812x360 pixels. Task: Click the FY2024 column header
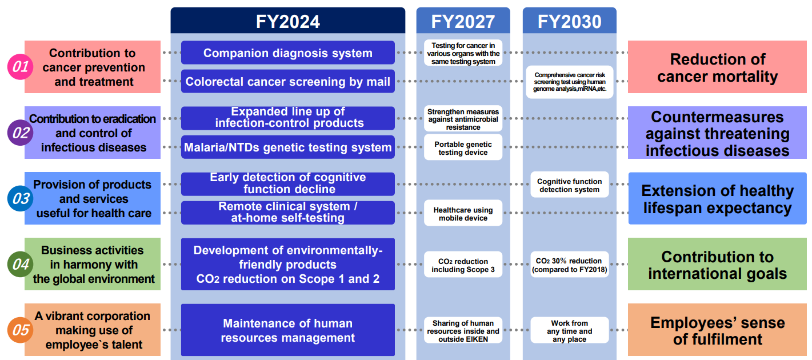click(x=288, y=21)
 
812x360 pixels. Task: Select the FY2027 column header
click(x=463, y=21)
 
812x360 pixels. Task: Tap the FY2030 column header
click(x=570, y=21)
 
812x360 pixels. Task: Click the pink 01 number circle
click(x=21, y=67)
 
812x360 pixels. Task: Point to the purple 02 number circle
click(x=21, y=133)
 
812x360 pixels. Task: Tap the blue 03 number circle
click(x=21, y=198)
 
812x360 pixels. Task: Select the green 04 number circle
click(x=21, y=265)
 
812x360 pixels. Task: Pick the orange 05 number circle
click(x=21, y=330)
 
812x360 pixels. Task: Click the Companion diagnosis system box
click(x=288, y=53)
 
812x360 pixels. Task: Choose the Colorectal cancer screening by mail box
click(x=288, y=81)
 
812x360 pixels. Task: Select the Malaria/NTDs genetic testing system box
click(x=288, y=147)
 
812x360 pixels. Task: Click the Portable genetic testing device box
click(x=463, y=147)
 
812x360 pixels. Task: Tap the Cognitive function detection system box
click(x=570, y=185)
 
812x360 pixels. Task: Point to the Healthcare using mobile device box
click(x=463, y=213)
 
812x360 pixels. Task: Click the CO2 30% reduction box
click(x=570, y=265)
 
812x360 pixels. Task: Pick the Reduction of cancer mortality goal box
click(x=717, y=67)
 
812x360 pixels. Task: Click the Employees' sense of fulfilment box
click(x=717, y=330)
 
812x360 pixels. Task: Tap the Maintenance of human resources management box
click(x=288, y=330)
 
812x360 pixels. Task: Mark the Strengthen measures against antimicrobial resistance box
click(x=463, y=118)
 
